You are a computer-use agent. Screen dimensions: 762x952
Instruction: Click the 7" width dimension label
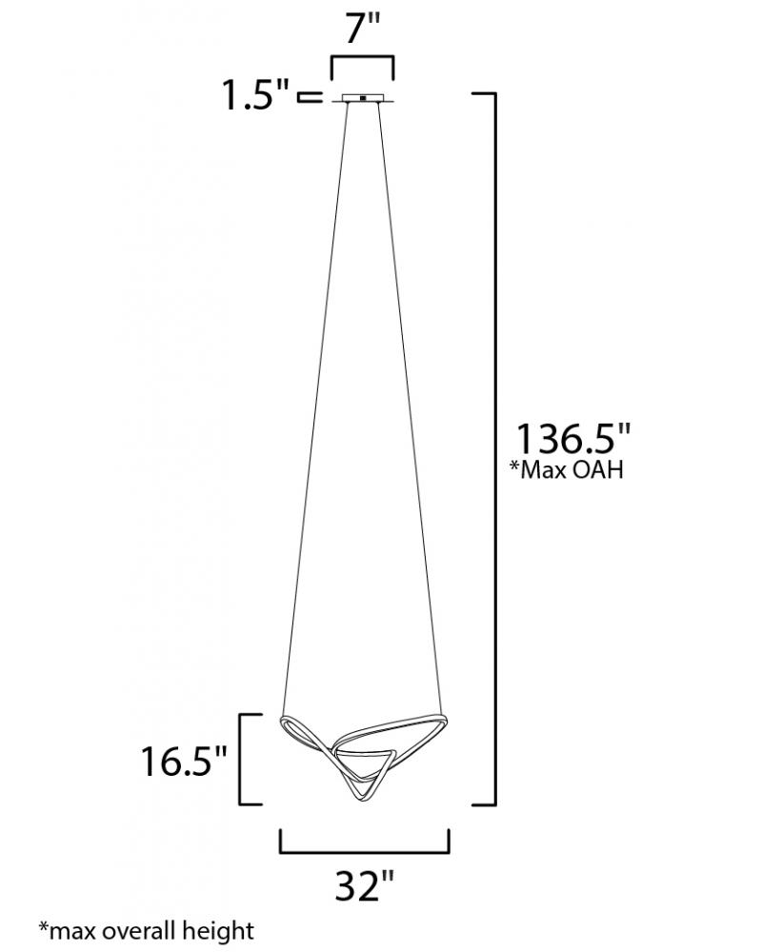363,29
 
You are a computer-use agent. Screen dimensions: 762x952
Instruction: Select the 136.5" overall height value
573,438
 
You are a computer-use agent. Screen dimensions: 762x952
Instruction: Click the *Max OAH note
568,469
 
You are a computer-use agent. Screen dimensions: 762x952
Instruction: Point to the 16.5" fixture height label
184,762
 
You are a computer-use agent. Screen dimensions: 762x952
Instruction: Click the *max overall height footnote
147,930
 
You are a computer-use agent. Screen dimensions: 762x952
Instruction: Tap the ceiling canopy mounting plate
363,98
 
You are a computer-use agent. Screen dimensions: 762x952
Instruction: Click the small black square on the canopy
363,98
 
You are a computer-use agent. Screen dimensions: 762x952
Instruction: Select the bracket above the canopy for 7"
362,57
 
